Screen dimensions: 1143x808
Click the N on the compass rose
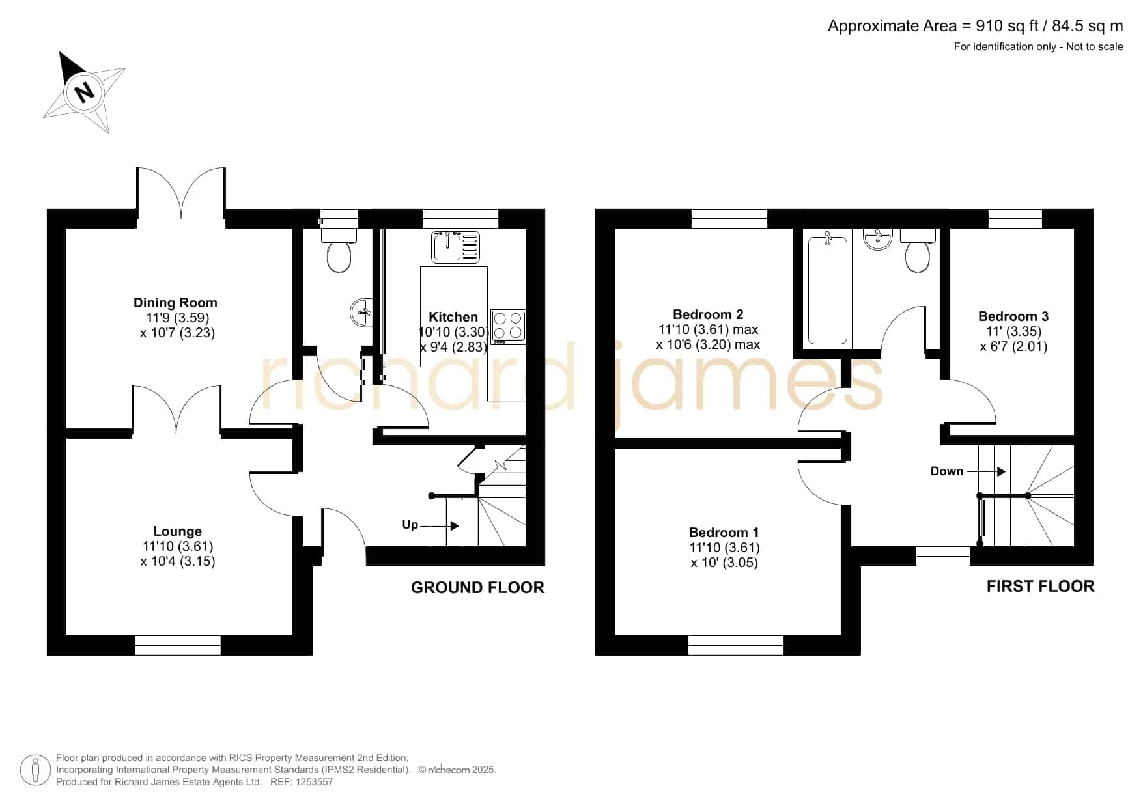tap(83, 92)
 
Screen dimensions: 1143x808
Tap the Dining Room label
tap(175, 303)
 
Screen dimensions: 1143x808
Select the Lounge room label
tap(177, 531)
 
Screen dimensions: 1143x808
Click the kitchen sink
tap(455, 247)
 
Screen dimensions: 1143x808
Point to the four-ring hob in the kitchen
tap(508, 326)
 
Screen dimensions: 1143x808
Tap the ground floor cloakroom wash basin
tap(361, 313)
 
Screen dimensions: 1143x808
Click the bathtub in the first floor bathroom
tap(828, 290)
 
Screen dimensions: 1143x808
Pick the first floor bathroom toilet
tap(918, 251)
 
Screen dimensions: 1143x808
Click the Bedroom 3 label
tap(1013, 316)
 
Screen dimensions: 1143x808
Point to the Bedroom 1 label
tap(724, 533)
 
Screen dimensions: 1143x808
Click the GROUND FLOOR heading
tap(477, 587)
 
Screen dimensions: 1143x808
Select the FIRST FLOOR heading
tap(1040, 587)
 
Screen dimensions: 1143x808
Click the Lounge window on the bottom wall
tap(178, 645)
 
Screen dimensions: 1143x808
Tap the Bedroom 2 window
tap(729, 219)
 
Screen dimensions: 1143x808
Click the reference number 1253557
tap(315, 782)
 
